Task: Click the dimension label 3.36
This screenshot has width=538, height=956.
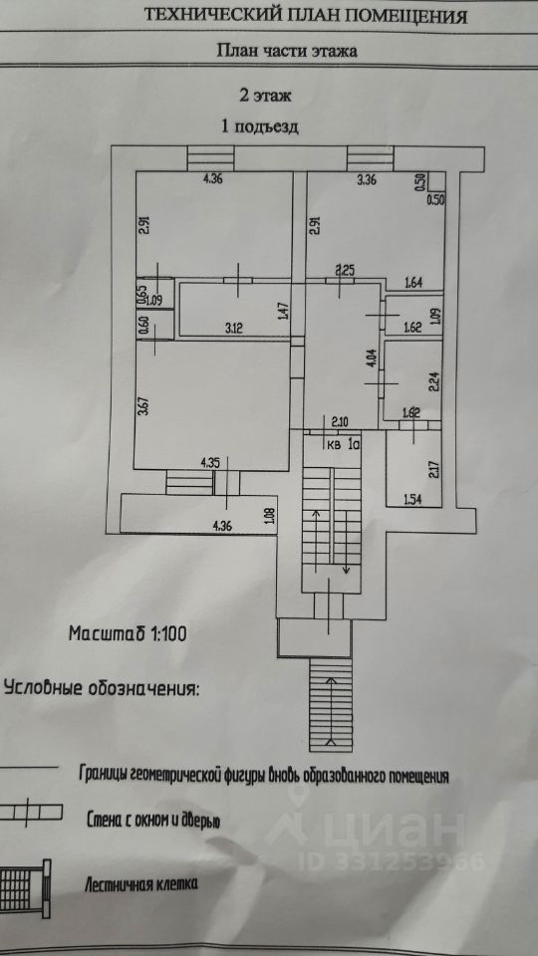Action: [369, 179]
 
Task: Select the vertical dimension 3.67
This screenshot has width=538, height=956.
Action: [142, 406]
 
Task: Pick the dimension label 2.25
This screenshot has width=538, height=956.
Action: [347, 271]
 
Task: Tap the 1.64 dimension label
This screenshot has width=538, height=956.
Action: [413, 283]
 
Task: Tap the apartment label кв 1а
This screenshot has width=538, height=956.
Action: [344, 444]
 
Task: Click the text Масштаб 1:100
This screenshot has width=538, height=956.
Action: [127, 633]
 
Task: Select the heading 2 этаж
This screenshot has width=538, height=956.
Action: [265, 96]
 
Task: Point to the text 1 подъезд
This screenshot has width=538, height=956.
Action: [259, 126]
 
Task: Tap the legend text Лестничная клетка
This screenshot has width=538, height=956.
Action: [140, 883]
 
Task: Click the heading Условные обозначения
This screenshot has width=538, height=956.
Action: [102, 688]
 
